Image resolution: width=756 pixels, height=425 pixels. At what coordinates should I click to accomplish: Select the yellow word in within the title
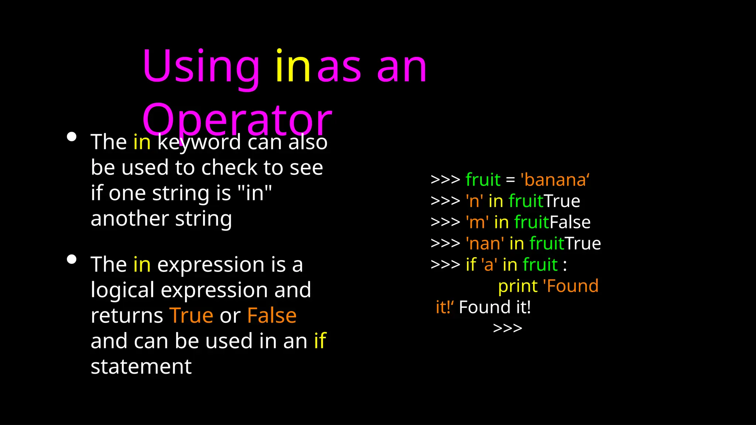[x=293, y=66]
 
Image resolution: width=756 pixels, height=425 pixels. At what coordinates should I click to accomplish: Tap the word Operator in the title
[x=237, y=120]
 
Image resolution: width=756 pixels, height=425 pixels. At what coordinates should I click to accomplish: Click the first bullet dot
[x=72, y=137]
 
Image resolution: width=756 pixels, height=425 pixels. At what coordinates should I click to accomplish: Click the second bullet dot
[x=72, y=259]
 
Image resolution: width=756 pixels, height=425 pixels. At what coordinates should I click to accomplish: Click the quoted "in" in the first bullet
[x=255, y=193]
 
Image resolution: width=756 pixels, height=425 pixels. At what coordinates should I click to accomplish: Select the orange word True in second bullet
[x=191, y=315]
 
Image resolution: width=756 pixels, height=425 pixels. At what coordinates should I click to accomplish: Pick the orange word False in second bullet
[x=272, y=315]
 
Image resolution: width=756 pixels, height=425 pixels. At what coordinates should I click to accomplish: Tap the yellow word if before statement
[x=320, y=341]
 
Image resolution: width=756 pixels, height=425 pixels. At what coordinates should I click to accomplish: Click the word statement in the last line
[x=141, y=366]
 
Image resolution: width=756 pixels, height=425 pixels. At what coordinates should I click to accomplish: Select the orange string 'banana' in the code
[x=555, y=180]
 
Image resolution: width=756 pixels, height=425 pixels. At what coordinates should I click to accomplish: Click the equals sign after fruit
[x=510, y=180]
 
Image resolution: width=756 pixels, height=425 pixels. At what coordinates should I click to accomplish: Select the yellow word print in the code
[x=518, y=286]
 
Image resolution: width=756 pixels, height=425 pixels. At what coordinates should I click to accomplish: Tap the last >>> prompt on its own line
[x=508, y=328]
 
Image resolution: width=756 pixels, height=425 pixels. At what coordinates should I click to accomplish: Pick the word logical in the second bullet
[x=123, y=290]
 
